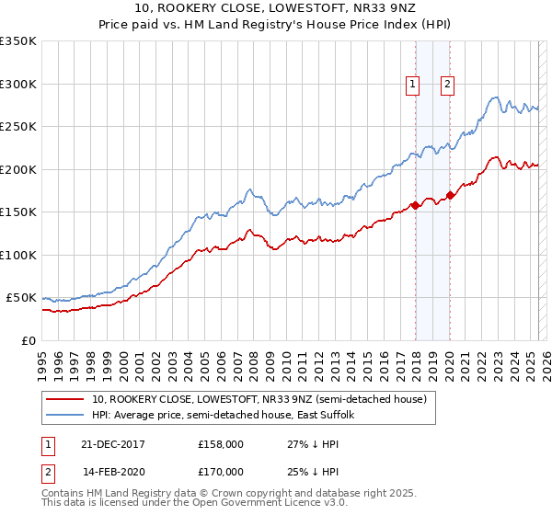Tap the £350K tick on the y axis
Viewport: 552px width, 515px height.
(18, 41)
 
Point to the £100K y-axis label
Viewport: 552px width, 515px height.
(18, 255)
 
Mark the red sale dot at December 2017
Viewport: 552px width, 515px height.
(415, 205)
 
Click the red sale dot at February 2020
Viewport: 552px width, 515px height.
(450, 195)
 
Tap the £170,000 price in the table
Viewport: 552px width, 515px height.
(221, 471)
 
